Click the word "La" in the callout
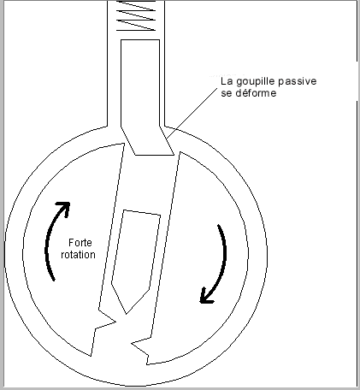pos(227,81)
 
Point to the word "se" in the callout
pos(227,93)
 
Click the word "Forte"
pos(80,243)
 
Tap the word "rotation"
pos(78,254)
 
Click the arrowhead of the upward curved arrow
pos(64,208)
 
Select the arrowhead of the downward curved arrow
pos(206,296)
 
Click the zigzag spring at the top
pos(136,15)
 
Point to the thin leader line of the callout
pos(192,113)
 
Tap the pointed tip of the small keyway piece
pos(127,314)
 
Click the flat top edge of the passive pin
pos(140,40)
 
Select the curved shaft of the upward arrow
pos(51,242)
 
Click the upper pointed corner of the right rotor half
pos(180,152)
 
